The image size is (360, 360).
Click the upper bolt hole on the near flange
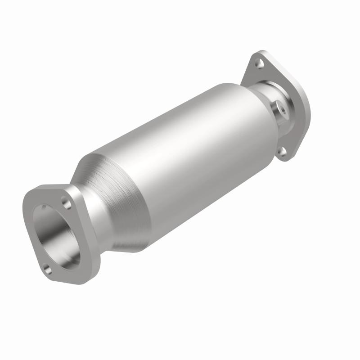point(67,203)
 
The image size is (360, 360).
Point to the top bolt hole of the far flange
point(260,64)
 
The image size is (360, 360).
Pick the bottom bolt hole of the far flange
point(283,152)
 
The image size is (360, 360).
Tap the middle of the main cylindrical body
point(189,148)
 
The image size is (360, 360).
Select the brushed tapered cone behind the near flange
point(117,198)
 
